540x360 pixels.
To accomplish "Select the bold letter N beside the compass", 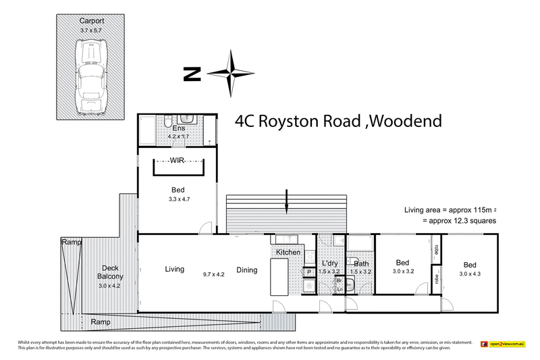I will pos(192,74).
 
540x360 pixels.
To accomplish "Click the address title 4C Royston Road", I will pos(338,122).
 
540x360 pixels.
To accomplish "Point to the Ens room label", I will pos(179,128).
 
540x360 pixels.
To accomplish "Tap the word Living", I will pos(174,269).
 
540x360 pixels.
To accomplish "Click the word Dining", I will pos(246,270).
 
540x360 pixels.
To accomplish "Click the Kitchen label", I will pos(287,252).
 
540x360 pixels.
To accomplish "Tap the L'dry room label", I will pos(331,262).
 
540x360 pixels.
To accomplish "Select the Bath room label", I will pos(361,263).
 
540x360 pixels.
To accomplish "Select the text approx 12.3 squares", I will pos(459,221).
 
